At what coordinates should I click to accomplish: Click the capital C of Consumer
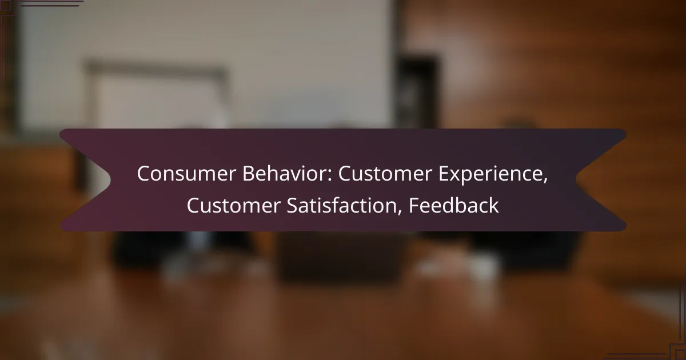[x=143, y=175]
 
